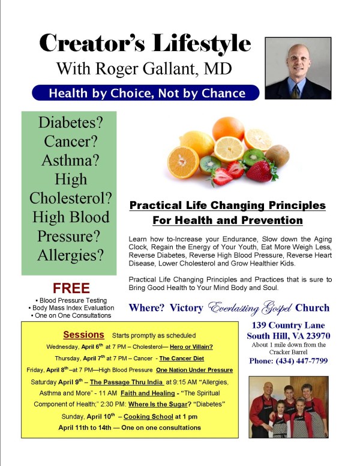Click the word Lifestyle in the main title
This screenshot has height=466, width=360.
(202, 44)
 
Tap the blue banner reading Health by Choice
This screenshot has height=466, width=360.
(146, 93)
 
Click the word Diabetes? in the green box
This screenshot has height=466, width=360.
(70, 122)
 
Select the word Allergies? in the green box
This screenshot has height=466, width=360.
(70, 255)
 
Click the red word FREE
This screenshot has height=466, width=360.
(71, 288)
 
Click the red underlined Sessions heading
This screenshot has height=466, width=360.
(83, 334)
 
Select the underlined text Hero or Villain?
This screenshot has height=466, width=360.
(191, 347)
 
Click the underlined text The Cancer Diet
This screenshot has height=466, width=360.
(181, 359)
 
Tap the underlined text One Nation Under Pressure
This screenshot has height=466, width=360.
(194, 370)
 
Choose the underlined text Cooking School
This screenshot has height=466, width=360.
(148, 417)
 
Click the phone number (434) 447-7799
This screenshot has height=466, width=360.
(301, 361)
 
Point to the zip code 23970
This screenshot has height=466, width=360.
(318, 336)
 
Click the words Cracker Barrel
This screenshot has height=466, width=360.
(288, 352)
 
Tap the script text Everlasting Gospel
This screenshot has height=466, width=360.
(249, 308)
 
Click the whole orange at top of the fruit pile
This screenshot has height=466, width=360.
(228, 129)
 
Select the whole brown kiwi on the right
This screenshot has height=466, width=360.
(277, 156)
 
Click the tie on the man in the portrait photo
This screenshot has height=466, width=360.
(295, 92)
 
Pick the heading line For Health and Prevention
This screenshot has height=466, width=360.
(227, 220)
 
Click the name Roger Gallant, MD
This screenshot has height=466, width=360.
(163, 68)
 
